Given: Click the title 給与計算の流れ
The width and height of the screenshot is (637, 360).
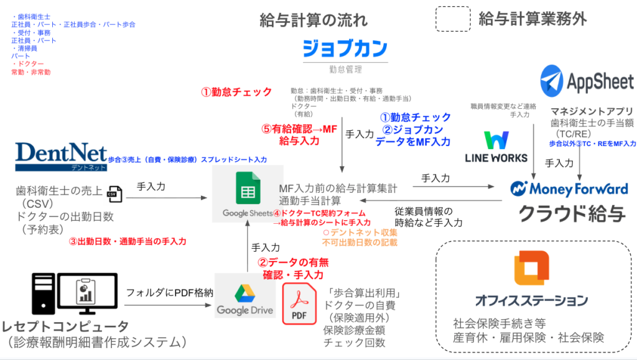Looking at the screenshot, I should point(314,20).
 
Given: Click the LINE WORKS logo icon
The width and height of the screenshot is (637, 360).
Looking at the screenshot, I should point(496,141).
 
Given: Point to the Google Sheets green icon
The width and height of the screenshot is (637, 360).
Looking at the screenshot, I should point(247,186).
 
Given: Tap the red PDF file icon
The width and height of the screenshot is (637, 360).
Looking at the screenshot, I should point(299,304).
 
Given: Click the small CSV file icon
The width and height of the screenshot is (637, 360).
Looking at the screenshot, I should point(114,194).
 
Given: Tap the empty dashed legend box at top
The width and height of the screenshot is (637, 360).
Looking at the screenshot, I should point(452,19).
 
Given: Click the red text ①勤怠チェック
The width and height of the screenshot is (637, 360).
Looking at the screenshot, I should point(236,92).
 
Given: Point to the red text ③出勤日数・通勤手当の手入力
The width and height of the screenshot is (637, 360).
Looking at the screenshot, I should point(127,241).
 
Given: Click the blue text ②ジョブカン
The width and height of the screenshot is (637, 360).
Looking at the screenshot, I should point(412,130).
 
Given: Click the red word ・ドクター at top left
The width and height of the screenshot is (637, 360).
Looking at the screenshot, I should point(28,64).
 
